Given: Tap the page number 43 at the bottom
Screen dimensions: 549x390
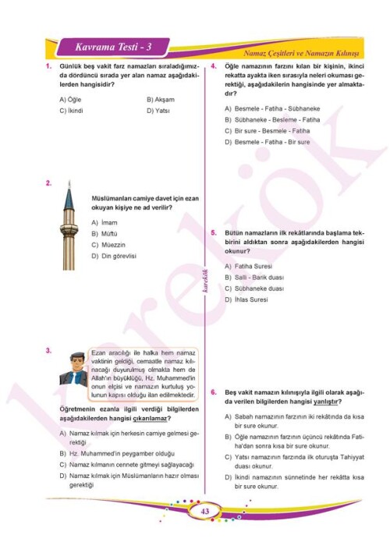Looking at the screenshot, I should pos(205,512).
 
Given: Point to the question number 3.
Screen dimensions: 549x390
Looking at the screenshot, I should pos(49,352).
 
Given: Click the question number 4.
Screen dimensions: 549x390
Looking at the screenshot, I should pos(214,68).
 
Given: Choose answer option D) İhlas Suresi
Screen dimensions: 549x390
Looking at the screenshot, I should pos(246,299).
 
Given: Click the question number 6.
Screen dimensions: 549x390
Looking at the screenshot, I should pos(214,392).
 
